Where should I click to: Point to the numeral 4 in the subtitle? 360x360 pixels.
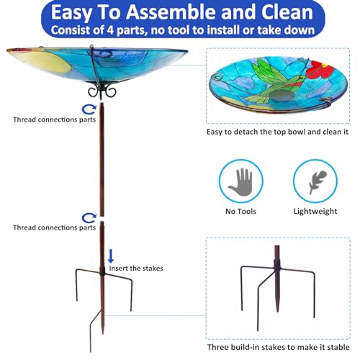click(x=110, y=30)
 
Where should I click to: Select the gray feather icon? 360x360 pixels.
click(x=318, y=181)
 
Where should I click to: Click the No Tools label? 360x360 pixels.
click(x=240, y=211)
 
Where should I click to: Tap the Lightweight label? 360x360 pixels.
click(x=315, y=211)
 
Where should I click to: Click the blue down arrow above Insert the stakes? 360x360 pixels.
click(x=111, y=256)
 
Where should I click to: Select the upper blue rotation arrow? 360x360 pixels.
click(x=89, y=109)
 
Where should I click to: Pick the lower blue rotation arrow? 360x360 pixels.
click(x=89, y=218)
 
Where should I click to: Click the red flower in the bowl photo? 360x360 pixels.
click(x=322, y=69)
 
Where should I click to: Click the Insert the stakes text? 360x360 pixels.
click(x=136, y=268)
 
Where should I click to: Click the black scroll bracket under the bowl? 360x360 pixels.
click(x=102, y=91)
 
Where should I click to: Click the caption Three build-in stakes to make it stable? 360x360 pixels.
click(x=279, y=347)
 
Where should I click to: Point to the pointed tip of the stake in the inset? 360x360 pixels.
click(x=278, y=311)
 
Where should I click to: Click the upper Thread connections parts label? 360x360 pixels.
click(x=55, y=120)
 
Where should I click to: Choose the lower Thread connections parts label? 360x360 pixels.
click(x=55, y=228)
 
